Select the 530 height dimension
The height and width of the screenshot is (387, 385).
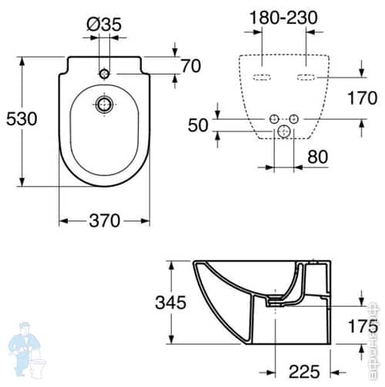click(22, 119)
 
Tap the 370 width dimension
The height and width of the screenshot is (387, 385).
click(103, 221)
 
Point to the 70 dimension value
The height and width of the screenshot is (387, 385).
click(190, 66)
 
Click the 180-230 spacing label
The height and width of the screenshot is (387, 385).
click(285, 18)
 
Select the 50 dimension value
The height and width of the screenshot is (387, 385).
click(198, 125)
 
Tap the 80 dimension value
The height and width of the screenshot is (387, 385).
click(316, 157)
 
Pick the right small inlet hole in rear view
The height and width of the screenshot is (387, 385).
click(293, 118)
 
